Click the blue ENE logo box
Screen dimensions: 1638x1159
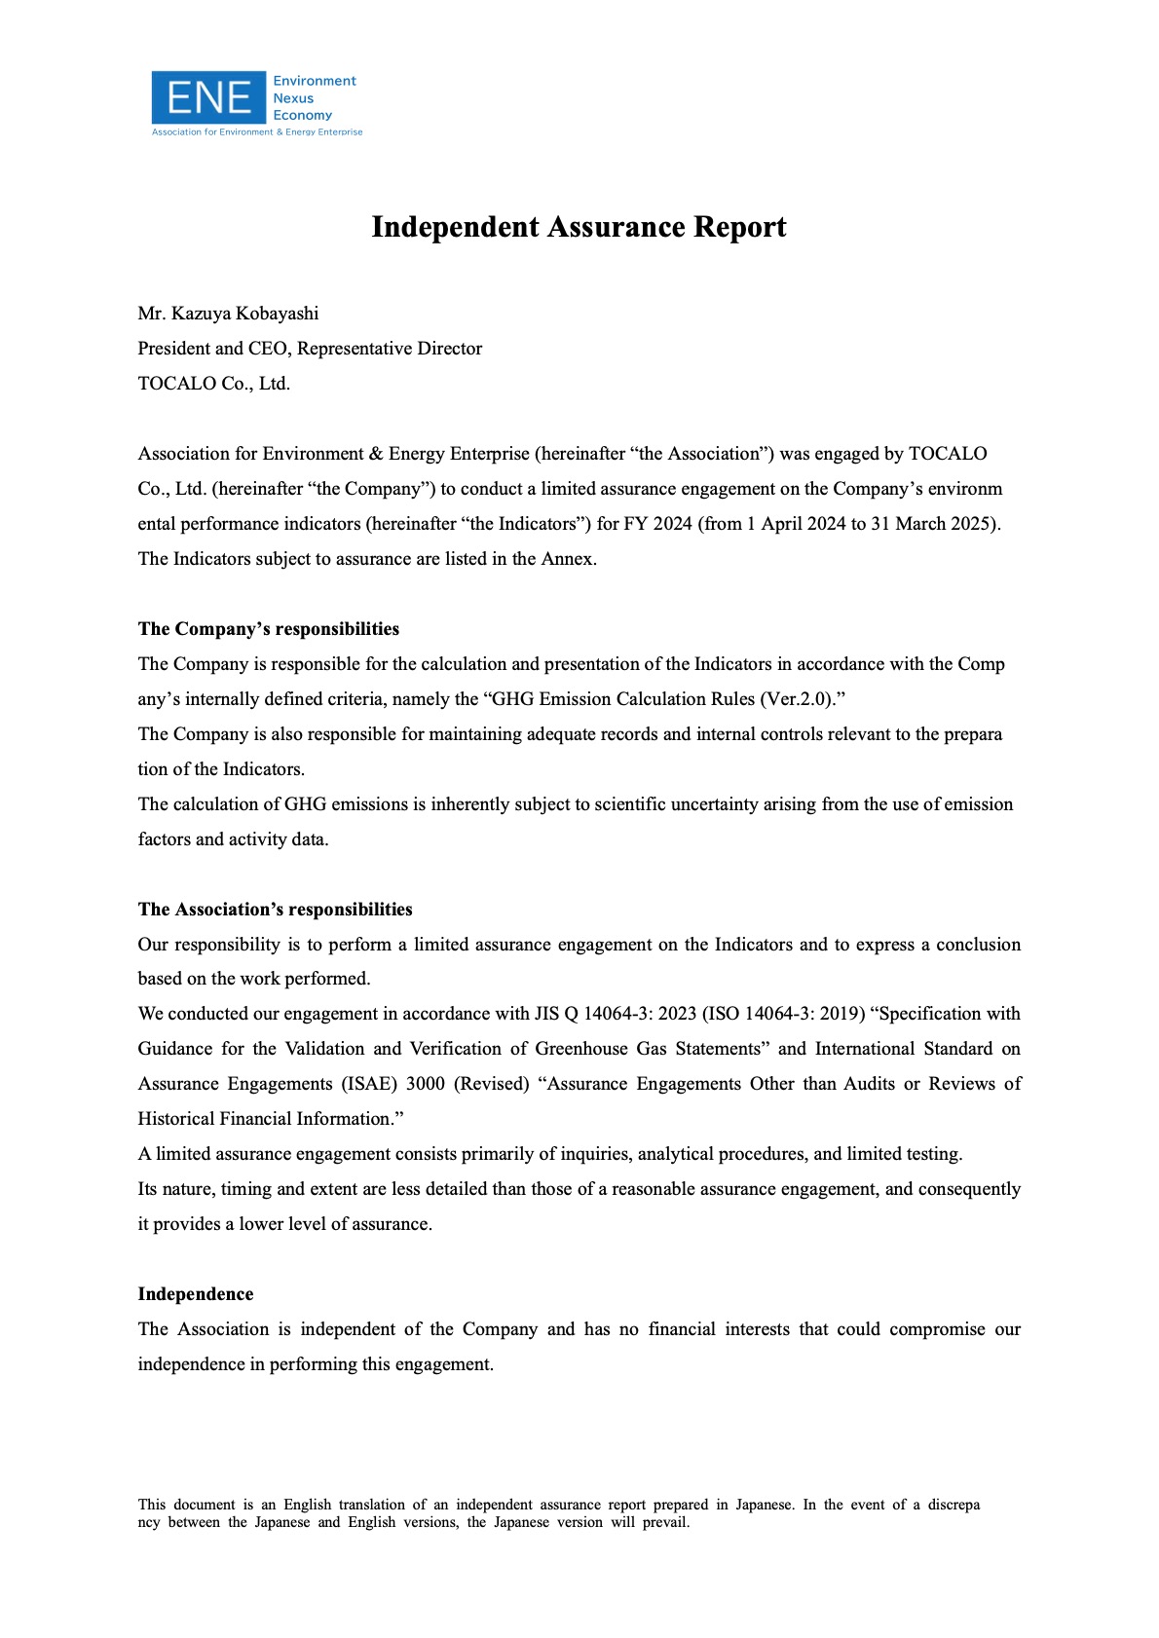[x=208, y=97]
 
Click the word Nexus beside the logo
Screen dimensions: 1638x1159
[x=293, y=98]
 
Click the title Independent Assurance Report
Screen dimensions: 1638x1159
[x=579, y=227]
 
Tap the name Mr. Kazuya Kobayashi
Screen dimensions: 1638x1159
[x=228, y=314]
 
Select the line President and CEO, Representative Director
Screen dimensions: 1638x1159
[x=310, y=349]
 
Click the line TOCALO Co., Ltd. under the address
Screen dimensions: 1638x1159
[x=214, y=384]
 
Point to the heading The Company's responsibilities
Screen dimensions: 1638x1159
[x=268, y=629]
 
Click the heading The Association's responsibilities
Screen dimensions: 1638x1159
[x=275, y=910]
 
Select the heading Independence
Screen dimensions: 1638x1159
[x=195, y=1294]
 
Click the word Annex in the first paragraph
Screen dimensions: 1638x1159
[x=567, y=559]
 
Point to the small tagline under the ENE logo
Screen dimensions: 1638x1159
[x=257, y=132]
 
